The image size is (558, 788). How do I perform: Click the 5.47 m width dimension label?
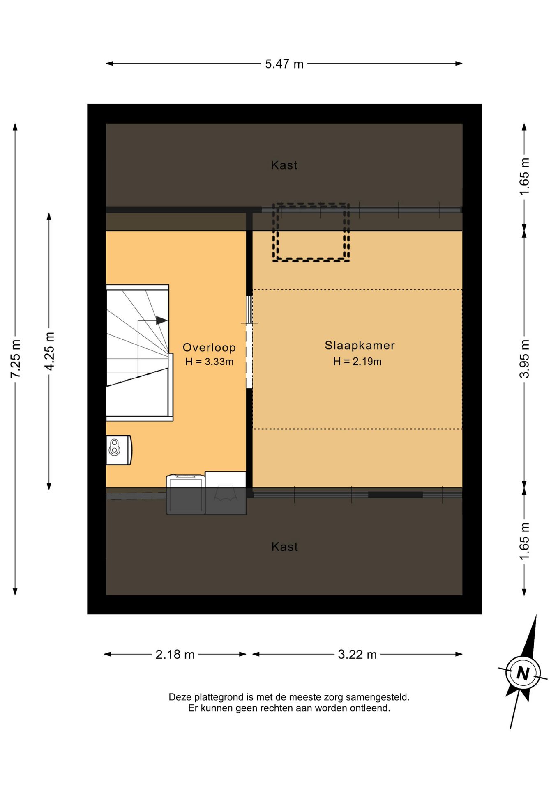[x=284, y=64]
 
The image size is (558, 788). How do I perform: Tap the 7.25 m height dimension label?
[x=16, y=359]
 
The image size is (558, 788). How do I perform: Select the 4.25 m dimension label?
[x=49, y=351]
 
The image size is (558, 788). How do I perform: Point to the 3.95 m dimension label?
[x=524, y=359]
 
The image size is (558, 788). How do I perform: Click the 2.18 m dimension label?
[x=175, y=654]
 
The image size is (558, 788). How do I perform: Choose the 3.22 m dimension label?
[x=357, y=654]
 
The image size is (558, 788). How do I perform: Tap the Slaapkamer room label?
[x=360, y=345]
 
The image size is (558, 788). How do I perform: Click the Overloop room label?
[x=209, y=348]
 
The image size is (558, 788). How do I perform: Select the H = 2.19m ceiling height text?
[x=357, y=361]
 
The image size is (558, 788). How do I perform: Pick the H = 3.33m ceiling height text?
[x=209, y=362]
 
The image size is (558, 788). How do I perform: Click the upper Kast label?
[x=284, y=165]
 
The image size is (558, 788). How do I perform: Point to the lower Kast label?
[x=284, y=547]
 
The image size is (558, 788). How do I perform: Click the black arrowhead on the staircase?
[x=161, y=321]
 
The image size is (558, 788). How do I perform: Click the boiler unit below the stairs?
[x=119, y=450]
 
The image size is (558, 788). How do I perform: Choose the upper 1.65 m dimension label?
[x=524, y=176]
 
